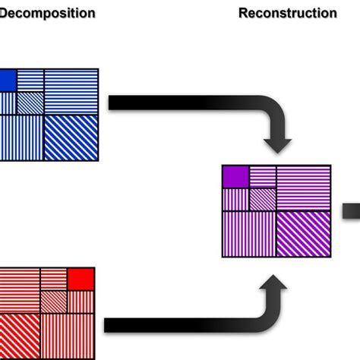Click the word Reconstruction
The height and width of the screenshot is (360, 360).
287,13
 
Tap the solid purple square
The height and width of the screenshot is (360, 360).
235,176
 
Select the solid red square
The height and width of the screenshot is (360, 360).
81,279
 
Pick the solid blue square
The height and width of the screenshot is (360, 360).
6,80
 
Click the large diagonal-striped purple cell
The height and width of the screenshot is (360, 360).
304,234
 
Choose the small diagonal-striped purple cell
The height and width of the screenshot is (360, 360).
262,199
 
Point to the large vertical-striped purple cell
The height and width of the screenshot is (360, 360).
249,234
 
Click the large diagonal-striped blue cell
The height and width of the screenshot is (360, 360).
71,137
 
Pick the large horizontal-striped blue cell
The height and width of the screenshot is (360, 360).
71,91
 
